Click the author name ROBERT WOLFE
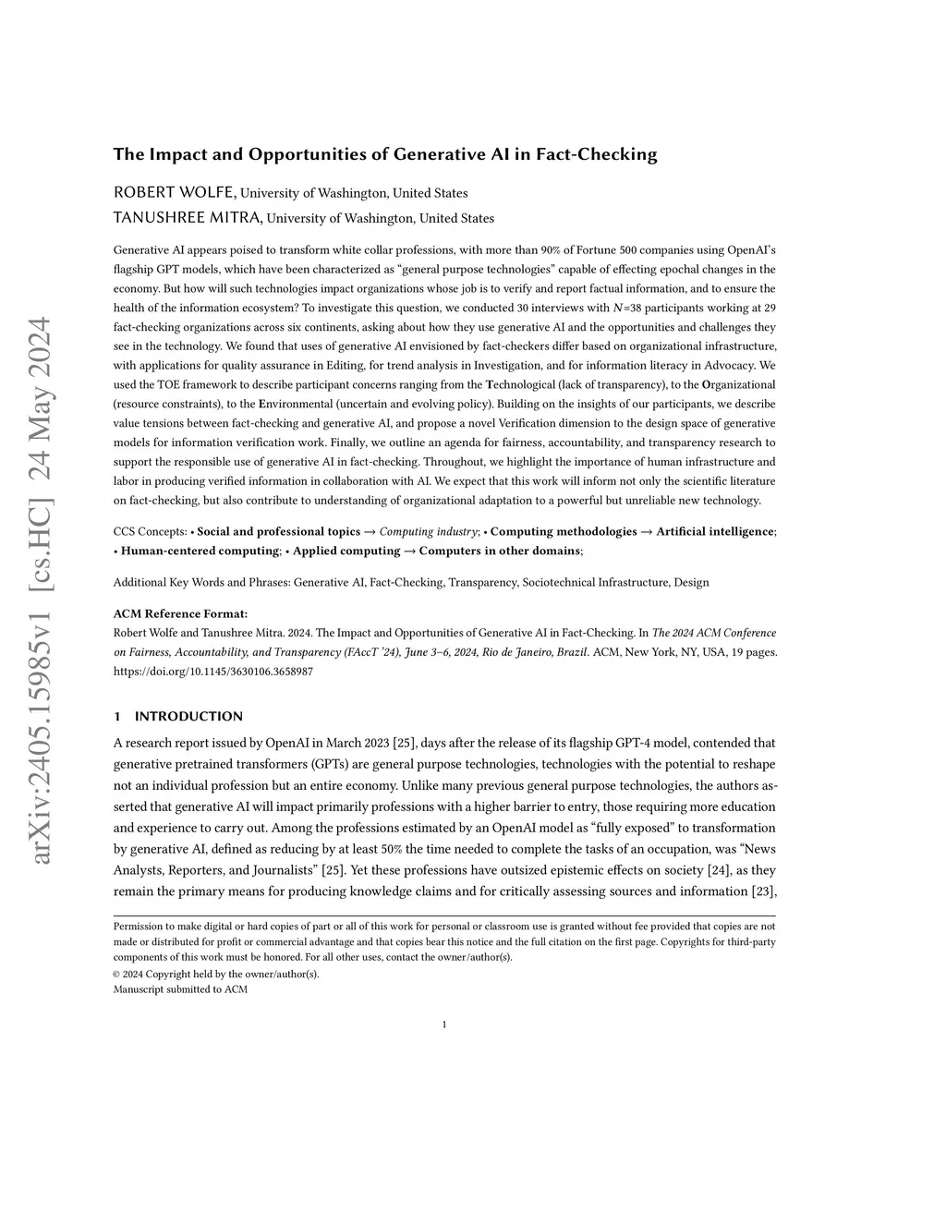pyautogui.click(x=175, y=192)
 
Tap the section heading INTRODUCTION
pyautogui.click(x=188, y=716)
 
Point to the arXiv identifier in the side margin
pyautogui.click(x=42, y=591)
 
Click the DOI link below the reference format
pyautogui.click(x=212, y=672)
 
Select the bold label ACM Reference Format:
pyautogui.click(x=180, y=613)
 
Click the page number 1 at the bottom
pyautogui.click(x=444, y=1024)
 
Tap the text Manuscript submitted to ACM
pyautogui.click(x=180, y=989)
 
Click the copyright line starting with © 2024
pyautogui.click(x=216, y=974)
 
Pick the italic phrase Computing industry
pyautogui.click(x=429, y=531)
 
